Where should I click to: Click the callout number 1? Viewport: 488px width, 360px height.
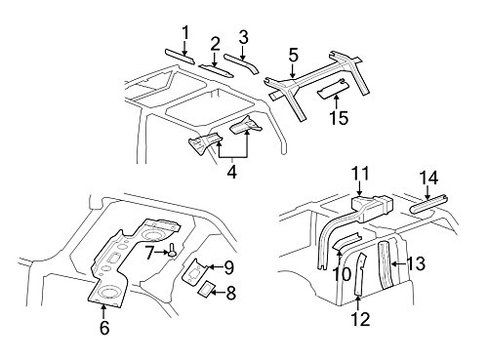(185, 33)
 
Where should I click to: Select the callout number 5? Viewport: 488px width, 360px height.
(293, 55)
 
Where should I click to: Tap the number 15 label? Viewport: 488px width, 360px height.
(339, 117)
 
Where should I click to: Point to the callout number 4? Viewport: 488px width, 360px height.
(231, 172)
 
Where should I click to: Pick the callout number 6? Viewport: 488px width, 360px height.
(104, 328)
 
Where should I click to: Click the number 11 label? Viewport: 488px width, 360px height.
(360, 174)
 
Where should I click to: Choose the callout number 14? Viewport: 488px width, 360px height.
(428, 179)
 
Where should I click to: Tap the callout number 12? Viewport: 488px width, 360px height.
(360, 319)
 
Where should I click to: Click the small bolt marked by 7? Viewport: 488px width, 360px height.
(172, 253)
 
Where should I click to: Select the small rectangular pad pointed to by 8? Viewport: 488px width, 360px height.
(206, 289)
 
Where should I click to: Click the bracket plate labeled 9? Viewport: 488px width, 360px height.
(194, 271)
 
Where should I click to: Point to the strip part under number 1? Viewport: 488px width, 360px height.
(180, 57)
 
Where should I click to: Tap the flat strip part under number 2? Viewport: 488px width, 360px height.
(216, 70)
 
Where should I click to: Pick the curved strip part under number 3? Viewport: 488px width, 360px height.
(241, 62)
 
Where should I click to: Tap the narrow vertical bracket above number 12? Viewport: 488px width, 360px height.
(360, 275)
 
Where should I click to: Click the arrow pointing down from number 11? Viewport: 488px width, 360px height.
(359, 188)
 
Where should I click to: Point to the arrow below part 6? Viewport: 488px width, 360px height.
(103, 311)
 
